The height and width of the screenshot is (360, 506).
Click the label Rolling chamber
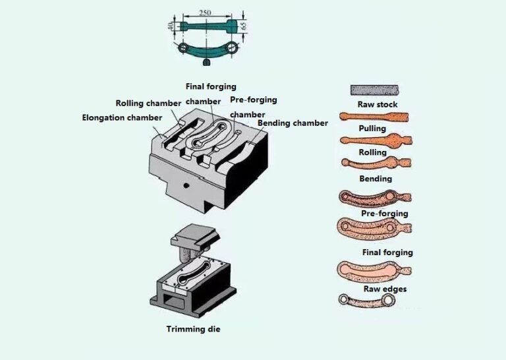148,104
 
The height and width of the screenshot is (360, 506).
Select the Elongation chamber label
122,118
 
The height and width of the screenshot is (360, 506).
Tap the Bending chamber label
292,123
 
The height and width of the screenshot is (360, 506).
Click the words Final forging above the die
210,86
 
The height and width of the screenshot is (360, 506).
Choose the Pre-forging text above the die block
253,100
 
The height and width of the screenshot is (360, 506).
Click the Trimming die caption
192,328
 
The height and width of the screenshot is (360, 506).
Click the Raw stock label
378,105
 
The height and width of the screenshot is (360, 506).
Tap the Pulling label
372,129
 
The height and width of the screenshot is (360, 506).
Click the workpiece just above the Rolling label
374,140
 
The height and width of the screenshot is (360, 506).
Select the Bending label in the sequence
375,179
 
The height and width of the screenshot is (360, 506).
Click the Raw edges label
385,289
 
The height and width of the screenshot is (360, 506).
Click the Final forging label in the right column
387,253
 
